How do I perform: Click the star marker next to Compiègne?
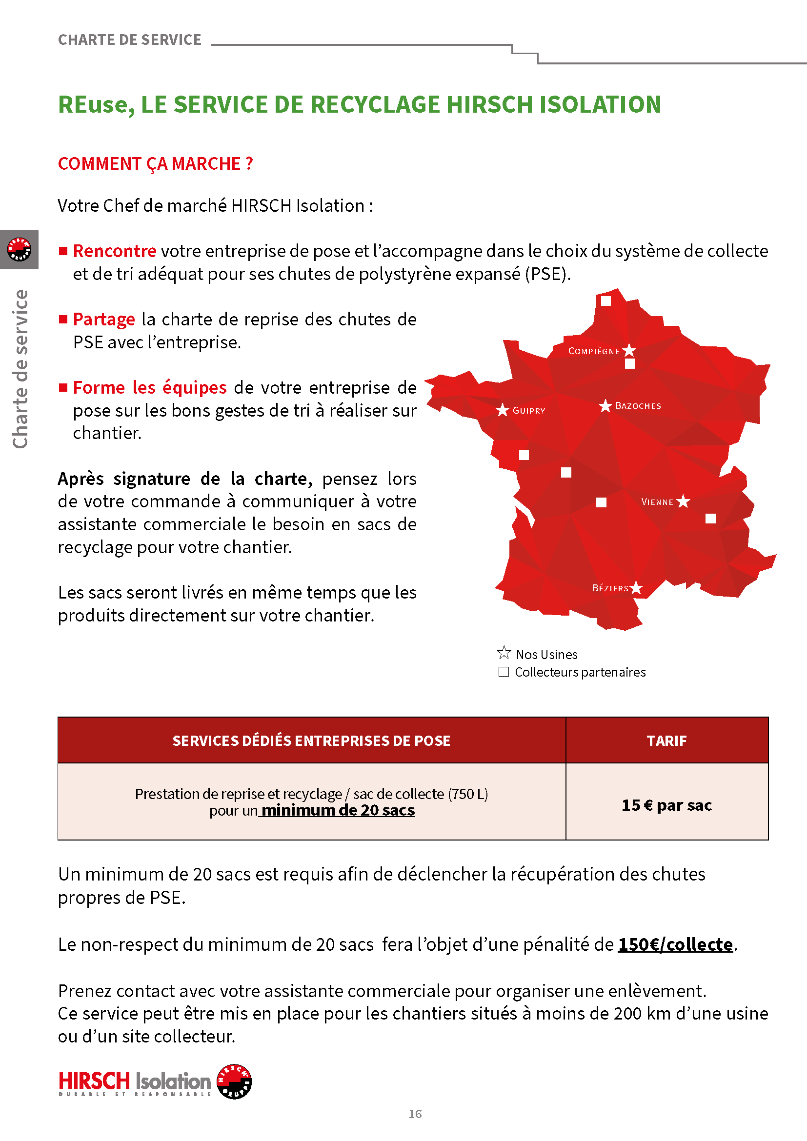click(x=629, y=350)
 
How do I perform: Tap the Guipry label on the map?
click(x=529, y=410)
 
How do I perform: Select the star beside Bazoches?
click(x=605, y=405)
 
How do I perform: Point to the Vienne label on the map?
click(x=657, y=502)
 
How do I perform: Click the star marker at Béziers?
click(x=636, y=588)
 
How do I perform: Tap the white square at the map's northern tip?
click(x=606, y=300)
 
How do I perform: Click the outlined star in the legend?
click(x=504, y=653)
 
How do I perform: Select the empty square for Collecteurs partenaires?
click(x=504, y=672)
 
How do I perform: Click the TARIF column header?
click(x=666, y=741)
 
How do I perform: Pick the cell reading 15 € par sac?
click(x=666, y=804)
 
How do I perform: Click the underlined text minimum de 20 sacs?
click(x=338, y=810)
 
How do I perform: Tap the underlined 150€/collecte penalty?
click(x=675, y=944)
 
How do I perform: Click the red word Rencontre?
click(x=115, y=251)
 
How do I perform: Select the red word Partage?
click(x=104, y=319)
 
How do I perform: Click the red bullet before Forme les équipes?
click(x=63, y=388)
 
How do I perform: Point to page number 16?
click(x=415, y=1114)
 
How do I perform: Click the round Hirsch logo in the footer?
click(x=235, y=1081)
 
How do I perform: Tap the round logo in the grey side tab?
click(x=20, y=249)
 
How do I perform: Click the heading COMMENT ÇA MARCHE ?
click(x=156, y=163)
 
